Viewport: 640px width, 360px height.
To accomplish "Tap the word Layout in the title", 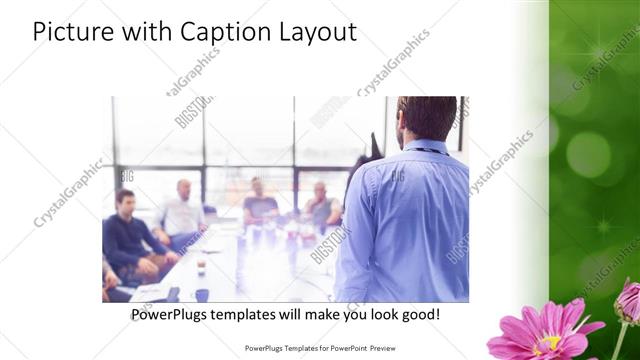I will click(x=314, y=33).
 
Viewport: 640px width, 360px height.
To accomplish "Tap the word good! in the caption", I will click(x=419, y=315).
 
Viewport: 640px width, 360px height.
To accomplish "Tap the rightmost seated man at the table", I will click(x=321, y=204).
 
